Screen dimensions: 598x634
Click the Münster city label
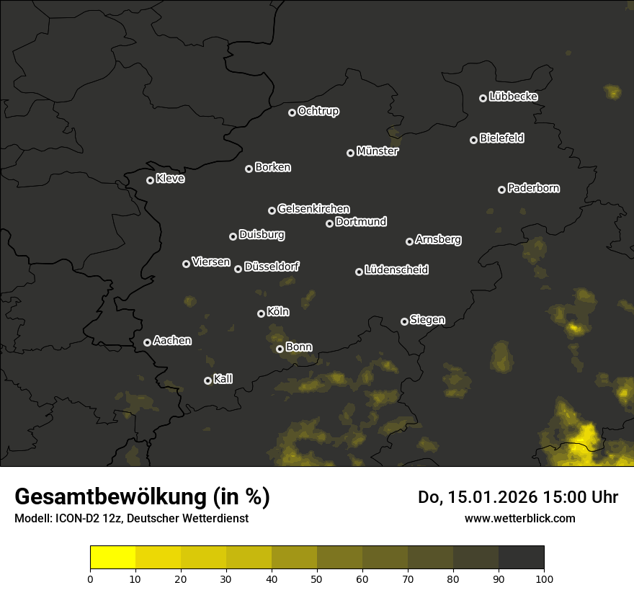click(x=378, y=151)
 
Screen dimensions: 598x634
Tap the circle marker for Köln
click(x=261, y=313)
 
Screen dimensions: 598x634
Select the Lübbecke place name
click(x=513, y=97)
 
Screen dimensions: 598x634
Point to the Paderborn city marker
click(x=501, y=189)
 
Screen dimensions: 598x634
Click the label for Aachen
click(x=172, y=341)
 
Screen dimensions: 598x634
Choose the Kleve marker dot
click(x=150, y=180)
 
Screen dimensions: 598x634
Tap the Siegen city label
click(x=427, y=320)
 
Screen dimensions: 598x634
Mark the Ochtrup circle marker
click(x=292, y=112)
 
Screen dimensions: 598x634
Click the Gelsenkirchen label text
click(x=313, y=209)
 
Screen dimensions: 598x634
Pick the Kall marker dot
click(x=207, y=380)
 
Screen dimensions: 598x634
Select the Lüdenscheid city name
click(x=396, y=270)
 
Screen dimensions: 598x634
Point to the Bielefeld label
click(x=501, y=138)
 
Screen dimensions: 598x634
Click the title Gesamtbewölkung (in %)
click(x=142, y=496)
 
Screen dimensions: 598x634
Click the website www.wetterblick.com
click(x=519, y=518)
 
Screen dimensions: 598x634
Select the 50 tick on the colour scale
click(x=317, y=578)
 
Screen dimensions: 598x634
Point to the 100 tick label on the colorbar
click(x=544, y=578)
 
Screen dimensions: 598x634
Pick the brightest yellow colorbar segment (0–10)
click(x=113, y=558)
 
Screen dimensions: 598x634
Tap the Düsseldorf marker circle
click(x=238, y=269)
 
